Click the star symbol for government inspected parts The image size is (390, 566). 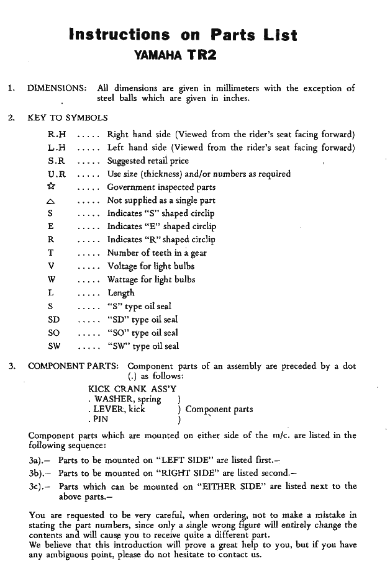52,187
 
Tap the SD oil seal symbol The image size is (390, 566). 53,320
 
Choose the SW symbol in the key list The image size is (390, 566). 54,346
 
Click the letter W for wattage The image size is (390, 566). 52,279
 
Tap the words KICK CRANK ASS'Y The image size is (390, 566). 129,389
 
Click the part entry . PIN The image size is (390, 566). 99,418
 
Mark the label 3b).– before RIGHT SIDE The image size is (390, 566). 40,474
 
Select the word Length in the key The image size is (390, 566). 120,293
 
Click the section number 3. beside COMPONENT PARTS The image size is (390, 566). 12,366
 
